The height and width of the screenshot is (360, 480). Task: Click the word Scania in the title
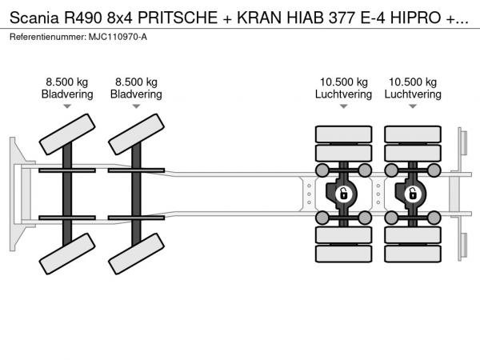point(34,18)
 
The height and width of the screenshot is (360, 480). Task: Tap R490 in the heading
point(82,18)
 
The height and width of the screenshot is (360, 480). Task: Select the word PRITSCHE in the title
point(178,18)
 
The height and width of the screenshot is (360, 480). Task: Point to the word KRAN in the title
point(259,18)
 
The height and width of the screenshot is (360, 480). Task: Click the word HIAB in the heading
point(305,18)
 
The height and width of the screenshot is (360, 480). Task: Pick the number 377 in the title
point(342,18)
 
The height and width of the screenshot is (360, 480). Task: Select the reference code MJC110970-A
point(118,37)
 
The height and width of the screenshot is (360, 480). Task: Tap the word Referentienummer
point(48,37)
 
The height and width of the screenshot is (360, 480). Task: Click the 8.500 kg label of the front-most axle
point(67,82)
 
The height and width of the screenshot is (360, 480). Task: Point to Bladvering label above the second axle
point(136,94)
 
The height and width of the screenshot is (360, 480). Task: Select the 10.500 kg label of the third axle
point(344,82)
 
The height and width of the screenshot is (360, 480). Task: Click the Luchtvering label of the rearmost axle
point(413,94)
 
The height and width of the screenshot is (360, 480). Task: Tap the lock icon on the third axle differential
point(344,194)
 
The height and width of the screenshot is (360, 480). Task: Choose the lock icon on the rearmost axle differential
point(413,194)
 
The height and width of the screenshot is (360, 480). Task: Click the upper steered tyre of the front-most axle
point(67,134)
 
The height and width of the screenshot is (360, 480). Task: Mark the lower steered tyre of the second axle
point(136,254)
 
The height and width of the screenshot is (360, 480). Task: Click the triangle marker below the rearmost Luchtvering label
point(413,106)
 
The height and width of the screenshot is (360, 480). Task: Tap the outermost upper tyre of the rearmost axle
point(413,134)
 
